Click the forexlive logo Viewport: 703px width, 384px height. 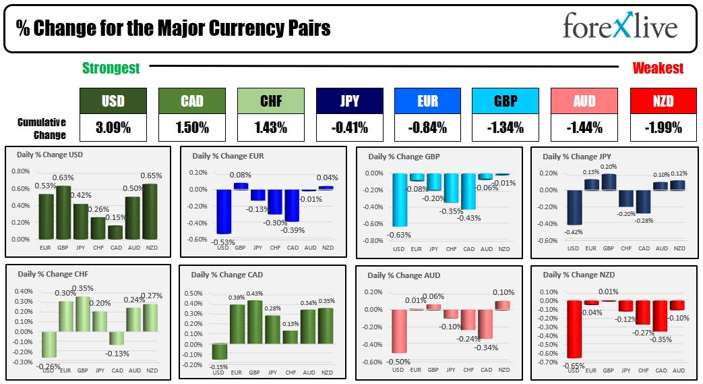tap(619, 28)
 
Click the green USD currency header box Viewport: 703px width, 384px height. tap(113, 101)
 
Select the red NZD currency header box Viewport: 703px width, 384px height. tap(663, 101)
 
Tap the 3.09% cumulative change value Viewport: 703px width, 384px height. tap(113, 127)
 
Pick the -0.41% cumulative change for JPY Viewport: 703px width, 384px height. tap(349, 127)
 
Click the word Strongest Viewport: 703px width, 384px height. tap(111, 68)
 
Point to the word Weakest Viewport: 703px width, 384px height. tap(658, 68)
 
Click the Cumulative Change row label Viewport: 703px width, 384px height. tap(42, 128)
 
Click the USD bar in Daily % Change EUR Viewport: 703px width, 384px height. tap(224, 211)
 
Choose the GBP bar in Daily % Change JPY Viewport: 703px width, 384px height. tap(609, 182)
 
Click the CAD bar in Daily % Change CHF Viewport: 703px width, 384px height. tap(117, 338)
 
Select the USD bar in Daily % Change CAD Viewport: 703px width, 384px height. tap(220, 351)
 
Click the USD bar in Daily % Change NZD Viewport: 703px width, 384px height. tap(574, 329)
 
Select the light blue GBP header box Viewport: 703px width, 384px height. tap(506, 101)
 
